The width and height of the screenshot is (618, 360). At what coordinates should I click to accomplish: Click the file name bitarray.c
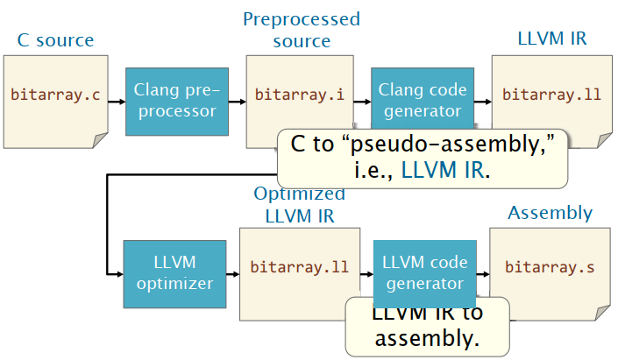click(54, 95)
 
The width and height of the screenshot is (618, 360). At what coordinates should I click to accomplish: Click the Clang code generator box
click(420, 101)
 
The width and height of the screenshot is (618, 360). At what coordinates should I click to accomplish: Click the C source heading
click(55, 40)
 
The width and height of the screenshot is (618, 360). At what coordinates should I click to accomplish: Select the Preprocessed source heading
click(301, 30)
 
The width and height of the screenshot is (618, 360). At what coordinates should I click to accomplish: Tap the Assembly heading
click(550, 213)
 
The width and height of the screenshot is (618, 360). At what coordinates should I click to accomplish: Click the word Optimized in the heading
click(300, 194)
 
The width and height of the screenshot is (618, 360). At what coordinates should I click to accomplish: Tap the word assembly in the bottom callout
click(427, 337)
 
